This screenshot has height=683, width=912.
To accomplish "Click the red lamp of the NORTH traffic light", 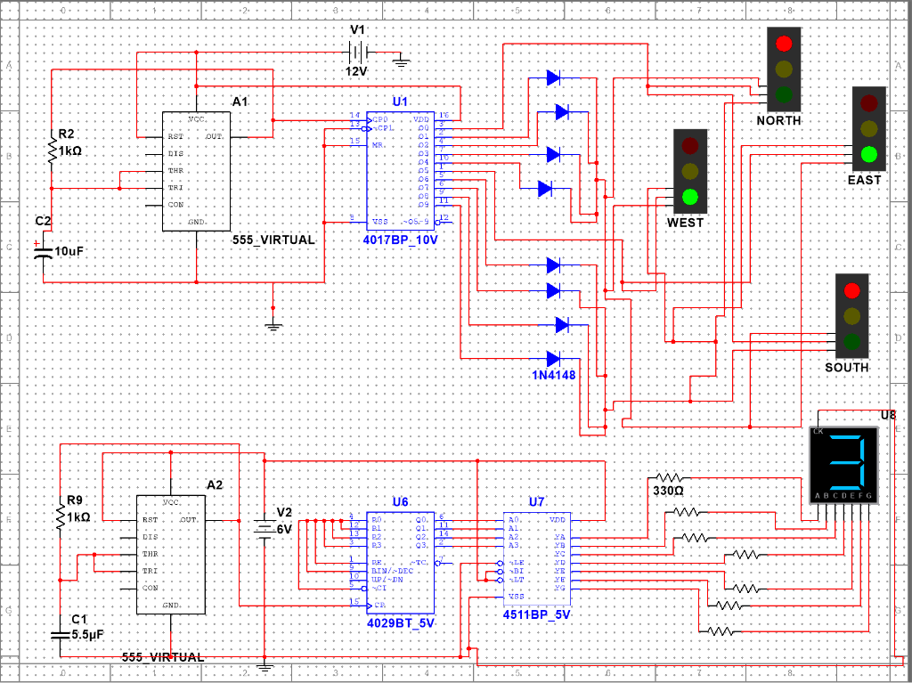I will pyautogui.click(x=784, y=43).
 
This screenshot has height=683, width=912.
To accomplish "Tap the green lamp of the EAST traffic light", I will pyautogui.click(x=869, y=154).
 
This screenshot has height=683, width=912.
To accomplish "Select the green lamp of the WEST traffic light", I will pyautogui.click(x=689, y=197).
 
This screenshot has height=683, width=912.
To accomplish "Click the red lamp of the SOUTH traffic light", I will pyautogui.click(x=851, y=290).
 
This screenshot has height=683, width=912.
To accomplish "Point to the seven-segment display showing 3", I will pyautogui.click(x=843, y=463).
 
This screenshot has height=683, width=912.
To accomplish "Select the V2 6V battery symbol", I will pyautogui.click(x=264, y=528).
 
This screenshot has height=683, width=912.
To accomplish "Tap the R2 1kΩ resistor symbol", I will pyautogui.click(x=51, y=150).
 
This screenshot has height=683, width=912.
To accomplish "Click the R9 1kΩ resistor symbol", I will pyautogui.click(x=60, y=516).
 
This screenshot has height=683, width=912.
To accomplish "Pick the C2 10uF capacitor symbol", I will pyautogui.click(x=43, y=251).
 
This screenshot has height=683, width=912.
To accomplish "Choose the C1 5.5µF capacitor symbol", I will pyautogui.click(x=60, y=634).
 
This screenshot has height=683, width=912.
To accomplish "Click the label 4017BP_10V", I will pyautogui.click(x=400, y=240).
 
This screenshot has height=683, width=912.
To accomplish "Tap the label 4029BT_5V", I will pyautogui.click(x=401, y=623).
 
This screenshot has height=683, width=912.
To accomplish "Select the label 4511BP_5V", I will pyautogui.click(x=536, y=614).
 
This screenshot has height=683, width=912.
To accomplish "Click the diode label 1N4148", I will pyautogui.click(x=554, y=375).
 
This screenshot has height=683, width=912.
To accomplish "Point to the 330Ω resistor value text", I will pyautogui.click(x=668, y=491).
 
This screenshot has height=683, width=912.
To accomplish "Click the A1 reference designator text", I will pyautogui.click(x=240, y=102).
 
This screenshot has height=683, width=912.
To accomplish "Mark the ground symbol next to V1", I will pyautogui.click(x=401, y=61).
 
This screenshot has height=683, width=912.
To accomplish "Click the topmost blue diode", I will pyautogui.click(x=553, y=78).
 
